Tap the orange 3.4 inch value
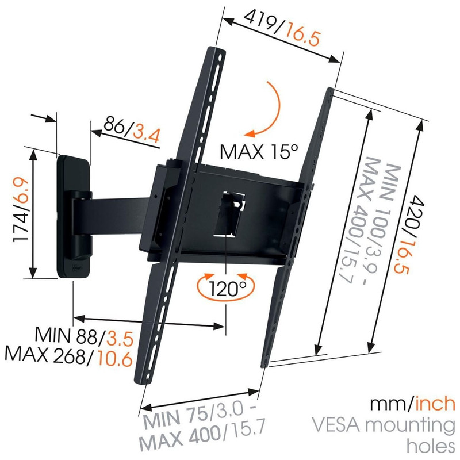coord(147,134)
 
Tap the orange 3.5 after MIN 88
coord(120,338)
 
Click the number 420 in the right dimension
coord(416,212)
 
